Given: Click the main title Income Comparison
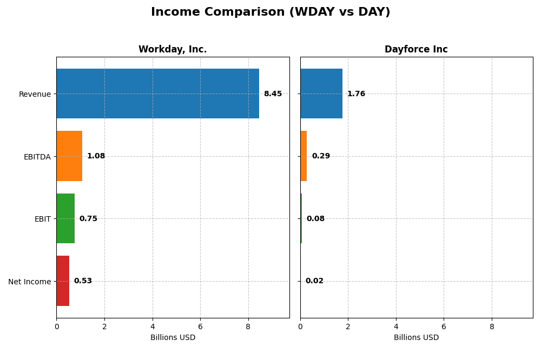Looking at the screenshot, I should pyautogui.click(x=270, y=12).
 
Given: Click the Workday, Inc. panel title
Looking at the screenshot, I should pyautogui.click(x=173, y=49).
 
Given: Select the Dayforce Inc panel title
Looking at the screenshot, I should pyautogui.click(x=416, y=49).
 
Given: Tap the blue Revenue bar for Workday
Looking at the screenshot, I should pyautogui.click(x=157, y=94).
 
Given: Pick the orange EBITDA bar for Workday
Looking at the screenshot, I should pyautogui.click(x=69, y=156).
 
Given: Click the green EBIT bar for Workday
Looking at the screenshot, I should pyautogui.click(x=65, y=218).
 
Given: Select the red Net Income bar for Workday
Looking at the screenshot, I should pyautogui.click(x=63, y=281).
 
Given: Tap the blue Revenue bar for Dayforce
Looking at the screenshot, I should pyautogui.click(x=321, y=94).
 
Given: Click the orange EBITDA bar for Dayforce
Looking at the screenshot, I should pyautogui.click(x=304, y=156).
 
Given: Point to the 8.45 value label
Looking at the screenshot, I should pyautogui.click(x=273, y=94).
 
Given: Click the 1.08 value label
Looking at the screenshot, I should pyautogui.click(x=96, y=156).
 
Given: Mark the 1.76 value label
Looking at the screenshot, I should pyautogui.click(x=356, y=94).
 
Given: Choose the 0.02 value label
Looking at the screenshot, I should pyautogui.click(x=314, y=281).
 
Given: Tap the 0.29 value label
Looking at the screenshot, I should pyautogui.click(x=321, y=156).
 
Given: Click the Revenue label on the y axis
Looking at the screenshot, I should pyautogui.click(x=35, y=94).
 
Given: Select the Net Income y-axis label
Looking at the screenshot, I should pyautogui.click(x=29, y=282).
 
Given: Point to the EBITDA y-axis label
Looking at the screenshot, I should pyautogui.click(x=37, y=157).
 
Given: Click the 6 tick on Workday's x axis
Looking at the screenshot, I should pyautogui.click(x=200, y=326).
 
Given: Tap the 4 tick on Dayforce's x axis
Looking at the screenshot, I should pyautogui.click(x=396, y=326).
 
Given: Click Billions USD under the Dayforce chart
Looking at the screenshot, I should pyautogui.click(x=416, y=337).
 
